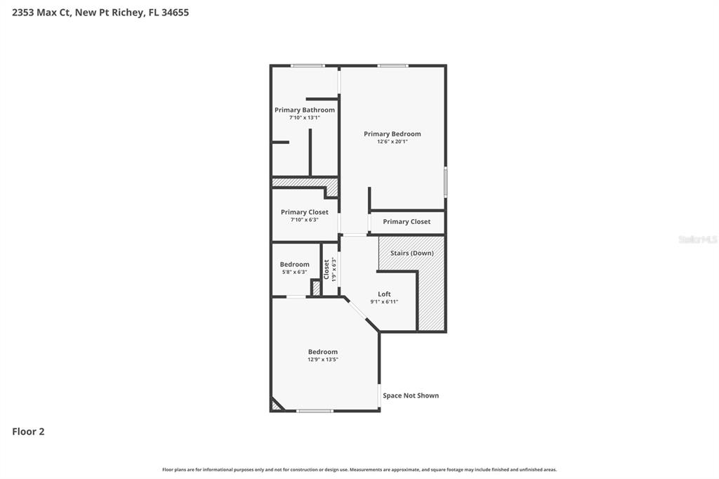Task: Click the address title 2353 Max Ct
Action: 100,12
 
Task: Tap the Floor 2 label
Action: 28,432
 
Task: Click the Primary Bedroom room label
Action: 392,133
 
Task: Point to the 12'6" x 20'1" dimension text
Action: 392,142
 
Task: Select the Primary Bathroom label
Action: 304,110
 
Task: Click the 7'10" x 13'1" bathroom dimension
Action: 304,118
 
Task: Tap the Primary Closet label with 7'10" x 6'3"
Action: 304,212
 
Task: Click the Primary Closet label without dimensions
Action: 407,221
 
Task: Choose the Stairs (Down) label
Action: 411,253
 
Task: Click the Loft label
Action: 384,294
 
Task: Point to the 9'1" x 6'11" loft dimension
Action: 384,302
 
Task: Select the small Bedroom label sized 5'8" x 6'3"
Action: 294,264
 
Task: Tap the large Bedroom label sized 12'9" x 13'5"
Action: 322,352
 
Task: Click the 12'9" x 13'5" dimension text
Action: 322,360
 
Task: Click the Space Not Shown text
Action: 411,395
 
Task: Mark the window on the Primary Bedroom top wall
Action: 393,66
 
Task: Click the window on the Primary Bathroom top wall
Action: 308,66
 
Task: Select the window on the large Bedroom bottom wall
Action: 315,411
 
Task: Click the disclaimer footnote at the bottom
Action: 359,470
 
